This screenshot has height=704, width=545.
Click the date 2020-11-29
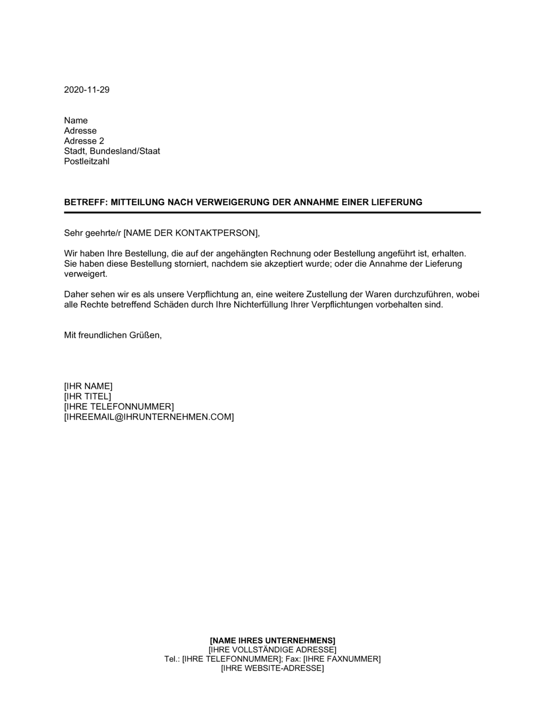coord(87,90)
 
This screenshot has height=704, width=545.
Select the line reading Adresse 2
coord(84,141)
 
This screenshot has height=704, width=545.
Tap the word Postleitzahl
coord(87,162)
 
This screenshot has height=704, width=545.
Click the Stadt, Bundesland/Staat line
coord(112,151)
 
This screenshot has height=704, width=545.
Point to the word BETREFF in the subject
coord(85,202)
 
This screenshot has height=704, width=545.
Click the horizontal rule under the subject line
coord(272,212)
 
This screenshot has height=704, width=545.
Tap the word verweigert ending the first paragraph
coord(86,274)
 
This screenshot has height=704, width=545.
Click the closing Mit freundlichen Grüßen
coord(113,335)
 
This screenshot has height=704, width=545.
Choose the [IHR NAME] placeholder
coord(88,386)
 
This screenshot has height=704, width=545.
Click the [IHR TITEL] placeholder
coord(87,397)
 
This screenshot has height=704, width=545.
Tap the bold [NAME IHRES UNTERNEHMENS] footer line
coord(272,640)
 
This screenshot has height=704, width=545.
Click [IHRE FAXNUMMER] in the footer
coord(342,659)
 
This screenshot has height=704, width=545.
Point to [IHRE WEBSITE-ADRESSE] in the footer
coord(272,669)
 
